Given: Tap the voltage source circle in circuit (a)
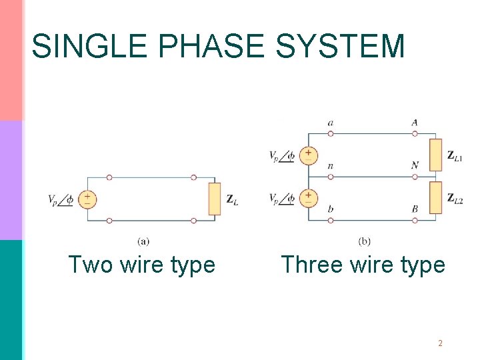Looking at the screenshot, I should click(87, 199).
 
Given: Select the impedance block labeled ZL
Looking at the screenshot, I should click(214, 199).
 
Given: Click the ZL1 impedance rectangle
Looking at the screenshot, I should click(435, 155).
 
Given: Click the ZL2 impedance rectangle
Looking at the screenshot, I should click(435, 198).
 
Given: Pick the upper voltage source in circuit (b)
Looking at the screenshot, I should click(308, 155).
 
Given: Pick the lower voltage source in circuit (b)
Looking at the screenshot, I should click(308, 198).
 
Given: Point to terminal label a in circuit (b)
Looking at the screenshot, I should click(331, 123).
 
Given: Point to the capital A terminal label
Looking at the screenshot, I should click(415, 123).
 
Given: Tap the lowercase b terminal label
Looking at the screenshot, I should click(331, 209).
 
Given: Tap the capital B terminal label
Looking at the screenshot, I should click(415, 209).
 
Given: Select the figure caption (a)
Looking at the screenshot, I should click(143, 241).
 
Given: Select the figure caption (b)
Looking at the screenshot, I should click(364, 241).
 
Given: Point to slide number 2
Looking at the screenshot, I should click(441, 343).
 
